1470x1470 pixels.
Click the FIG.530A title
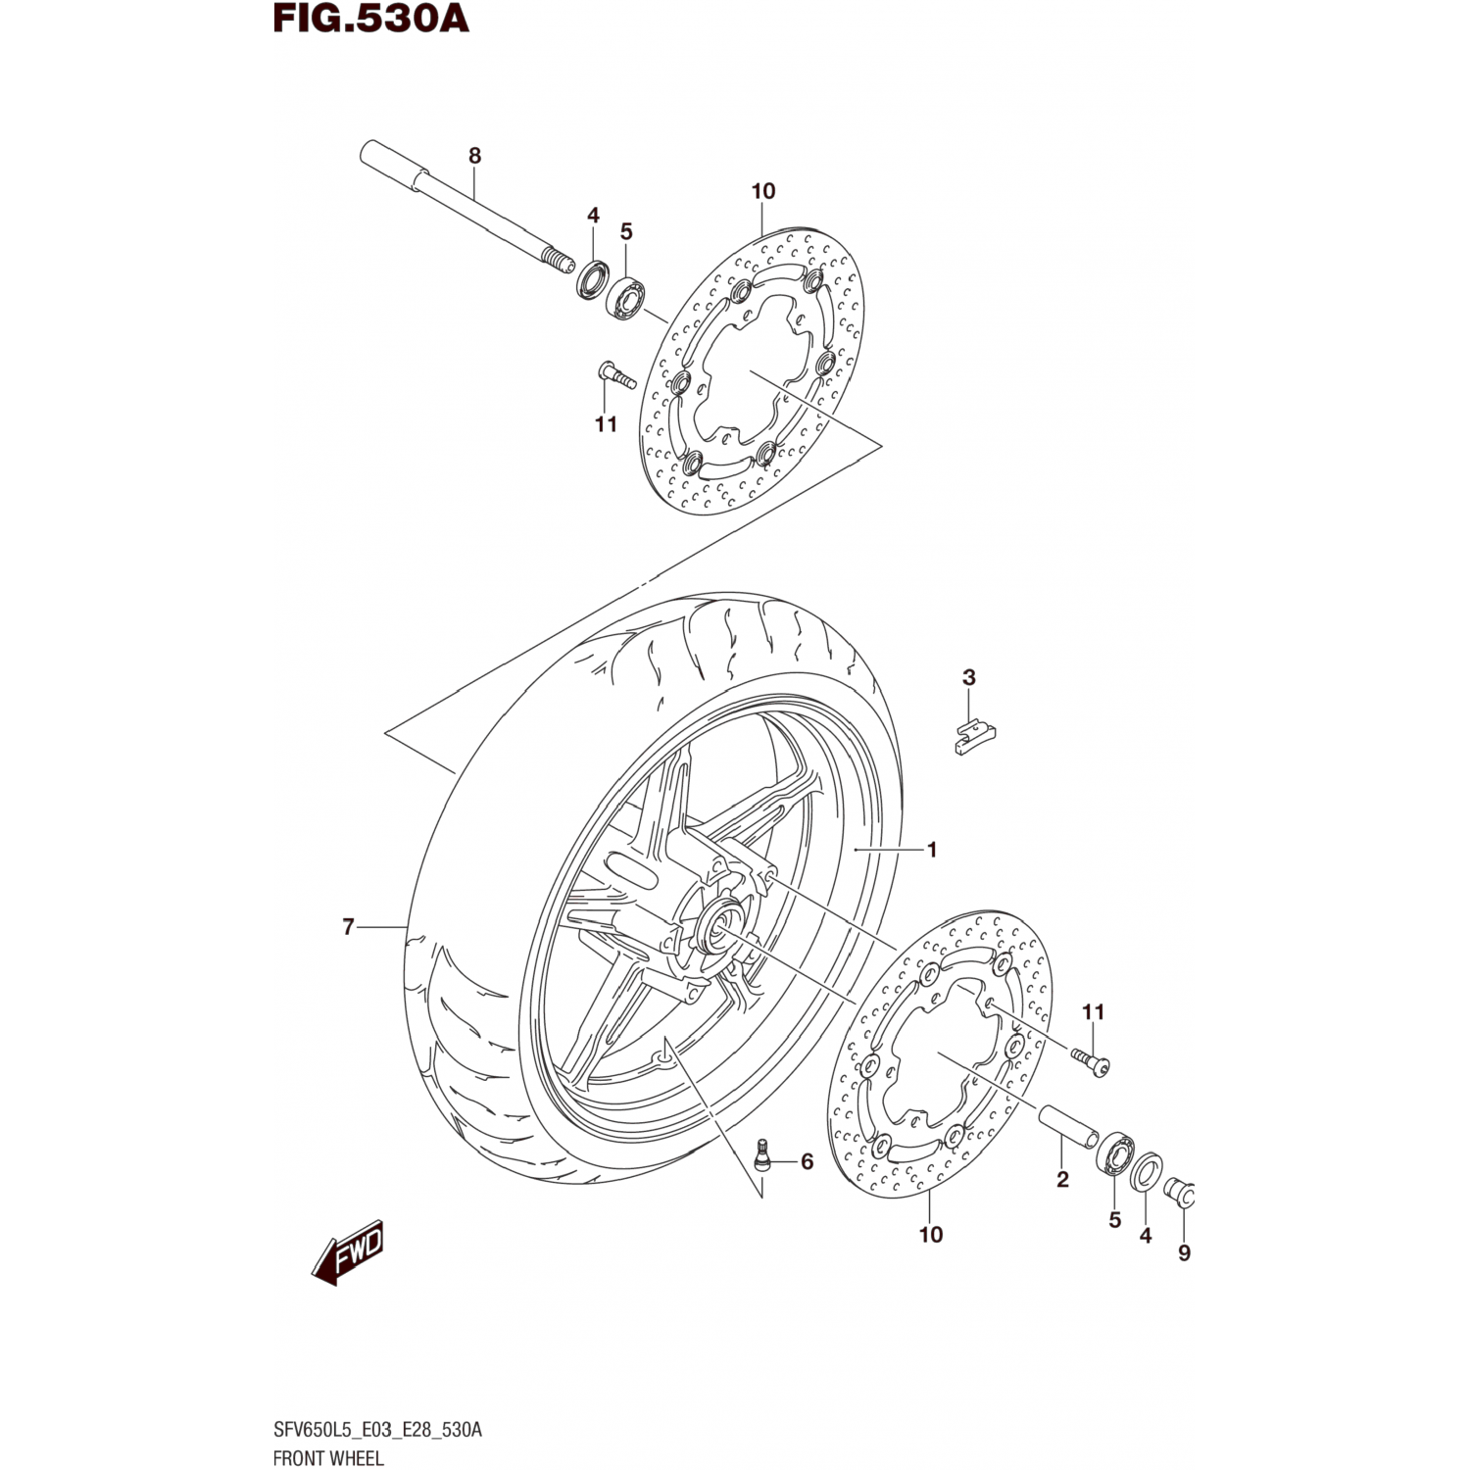pyautogui.click(x=371, y=19)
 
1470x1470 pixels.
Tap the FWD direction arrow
pyautogui.click(x=348, y=1252)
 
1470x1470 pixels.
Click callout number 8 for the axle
pyautogui.click(x=475, y=155)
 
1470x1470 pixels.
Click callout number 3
pyautogui.click(x=969, y=676)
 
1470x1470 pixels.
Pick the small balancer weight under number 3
pyautogui.click(x=975, y=737)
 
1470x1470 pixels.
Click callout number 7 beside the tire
pyautogui.click(x=348, y=926)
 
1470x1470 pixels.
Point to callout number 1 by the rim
pyautogui.click(x=932, y=850)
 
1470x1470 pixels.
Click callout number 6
pyautogui.click(x=807, y=1161)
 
